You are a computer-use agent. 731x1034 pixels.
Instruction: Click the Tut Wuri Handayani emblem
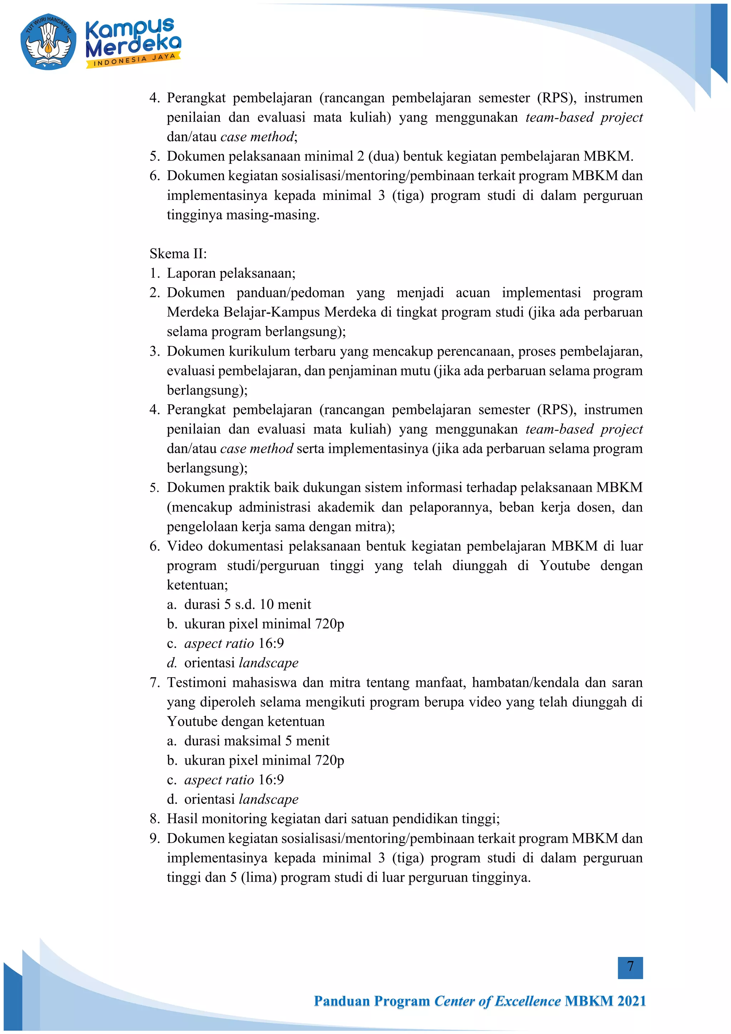[x=48, y=41]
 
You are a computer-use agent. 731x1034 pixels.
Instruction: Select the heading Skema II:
[x=178, y=254]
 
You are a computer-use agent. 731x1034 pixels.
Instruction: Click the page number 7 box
[x=630, y=967]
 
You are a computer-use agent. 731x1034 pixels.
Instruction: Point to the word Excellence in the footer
[x=528, y=1001]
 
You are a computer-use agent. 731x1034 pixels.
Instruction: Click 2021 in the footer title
[x=631, y=1001]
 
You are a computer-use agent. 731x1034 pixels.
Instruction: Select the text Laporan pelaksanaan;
[x=231, y=273]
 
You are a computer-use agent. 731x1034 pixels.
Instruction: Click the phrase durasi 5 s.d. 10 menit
[x=247, y=604]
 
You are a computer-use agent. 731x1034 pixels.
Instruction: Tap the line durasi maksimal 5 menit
[x=257, y=741]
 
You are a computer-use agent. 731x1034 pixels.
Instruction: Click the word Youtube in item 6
[x=565, y=566]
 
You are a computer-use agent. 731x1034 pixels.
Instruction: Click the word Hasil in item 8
[x=182, y=819]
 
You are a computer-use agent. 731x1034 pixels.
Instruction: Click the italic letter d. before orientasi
[x=172, y=663]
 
